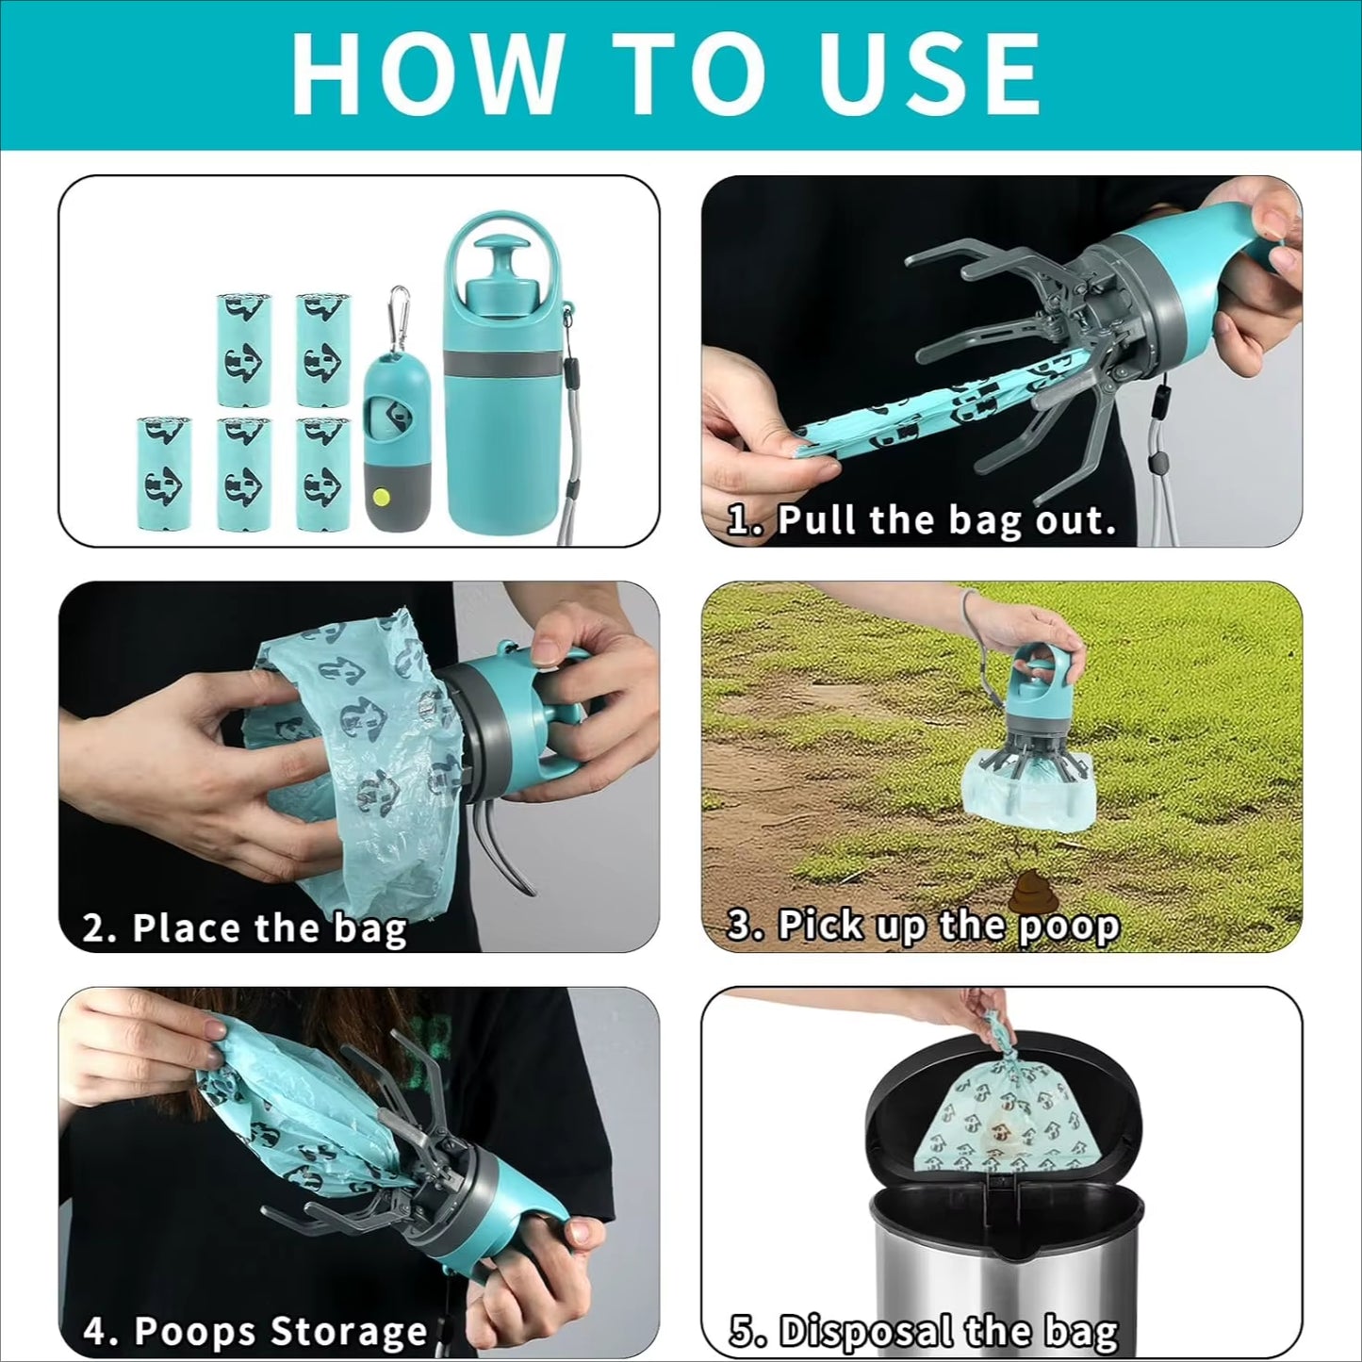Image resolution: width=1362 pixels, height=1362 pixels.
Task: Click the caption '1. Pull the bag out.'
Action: pyautogui.click(x=921, y=520)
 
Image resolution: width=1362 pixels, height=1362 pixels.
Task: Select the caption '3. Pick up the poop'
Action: pyautogui.click(x=923, y=926)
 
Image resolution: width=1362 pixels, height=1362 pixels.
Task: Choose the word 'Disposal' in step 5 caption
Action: pyautogui.click(x=865, y=1332)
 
